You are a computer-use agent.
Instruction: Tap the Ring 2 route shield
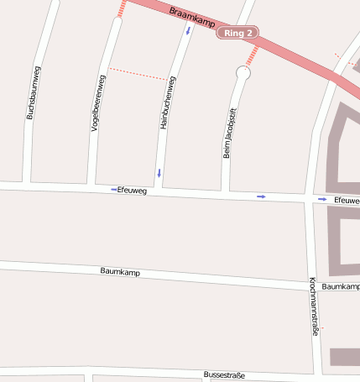coord(237,34)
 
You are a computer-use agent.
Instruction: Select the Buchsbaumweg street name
coord(34,93)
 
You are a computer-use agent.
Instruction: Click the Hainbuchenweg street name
coord(168,102)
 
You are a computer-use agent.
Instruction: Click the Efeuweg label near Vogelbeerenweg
coord(133,191)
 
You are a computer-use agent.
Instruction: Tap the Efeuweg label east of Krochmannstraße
coord(346,201)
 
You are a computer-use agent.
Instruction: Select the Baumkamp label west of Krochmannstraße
coord(120,272)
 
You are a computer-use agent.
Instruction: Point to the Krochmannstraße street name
coord(312,306)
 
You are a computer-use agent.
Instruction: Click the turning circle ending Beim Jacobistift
coord(243,74)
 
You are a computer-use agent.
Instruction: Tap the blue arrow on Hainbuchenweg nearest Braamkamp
coord(188,30)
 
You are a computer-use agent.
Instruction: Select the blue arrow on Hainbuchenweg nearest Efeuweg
coord(158,174)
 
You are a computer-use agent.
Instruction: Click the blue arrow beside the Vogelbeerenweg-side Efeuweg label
coord(113,190)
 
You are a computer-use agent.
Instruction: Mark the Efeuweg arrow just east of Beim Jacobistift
coord(262,196)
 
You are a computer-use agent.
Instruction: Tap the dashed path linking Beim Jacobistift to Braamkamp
coord(250,55)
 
